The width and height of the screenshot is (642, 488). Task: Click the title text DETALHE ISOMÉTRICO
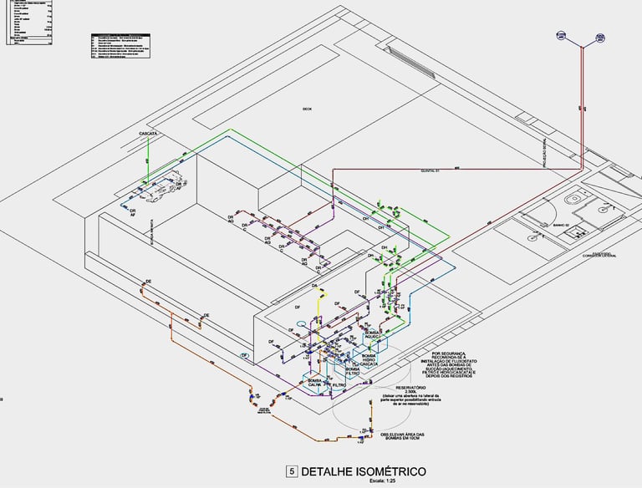(364, 472)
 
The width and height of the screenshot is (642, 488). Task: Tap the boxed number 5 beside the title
(292, 472)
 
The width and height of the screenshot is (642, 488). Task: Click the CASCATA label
(143, 134)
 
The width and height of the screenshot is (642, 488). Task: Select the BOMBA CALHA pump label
(315, 383)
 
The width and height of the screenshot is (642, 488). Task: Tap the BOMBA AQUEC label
(372, 335)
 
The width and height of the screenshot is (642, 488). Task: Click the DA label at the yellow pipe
(315, 287)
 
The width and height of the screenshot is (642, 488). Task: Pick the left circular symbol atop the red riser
(562, 36)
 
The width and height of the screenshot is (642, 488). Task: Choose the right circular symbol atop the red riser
(600, 37)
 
